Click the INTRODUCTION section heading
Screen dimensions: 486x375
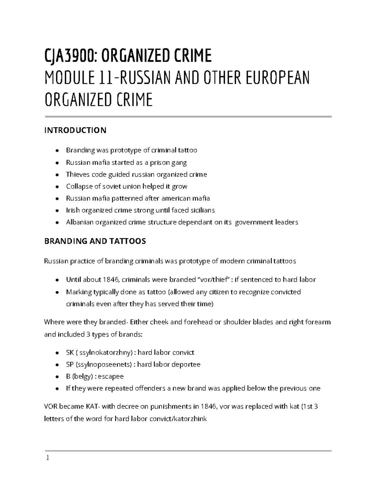click(x=75, y=130)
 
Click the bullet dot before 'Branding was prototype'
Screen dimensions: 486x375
click(x=57, y=151)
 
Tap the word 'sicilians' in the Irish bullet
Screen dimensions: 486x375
click(x=202, y=210)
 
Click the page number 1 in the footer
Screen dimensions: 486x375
click(x=47, y=458)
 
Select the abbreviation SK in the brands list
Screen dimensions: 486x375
click(x=70, y=353)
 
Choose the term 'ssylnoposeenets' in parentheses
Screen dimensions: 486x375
click(x=104, y=365)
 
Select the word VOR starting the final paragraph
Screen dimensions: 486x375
click(x=51, y=407)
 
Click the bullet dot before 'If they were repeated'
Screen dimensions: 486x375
click(x=57, y=389)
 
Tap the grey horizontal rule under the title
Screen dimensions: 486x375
click(x=188, y=117)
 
